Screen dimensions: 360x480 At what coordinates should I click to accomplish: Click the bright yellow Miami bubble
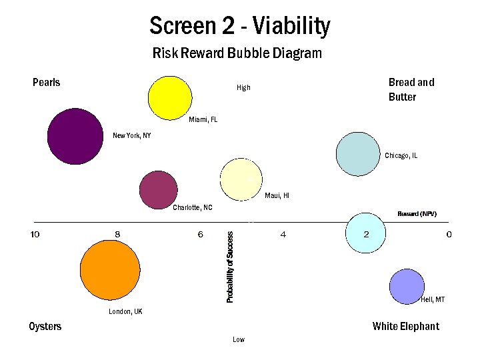(170, 97)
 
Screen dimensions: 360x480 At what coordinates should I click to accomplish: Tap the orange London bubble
(110, 270)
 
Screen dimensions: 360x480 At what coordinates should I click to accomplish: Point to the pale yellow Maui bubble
(242, 180)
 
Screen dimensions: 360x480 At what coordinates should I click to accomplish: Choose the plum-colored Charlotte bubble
(159, 189)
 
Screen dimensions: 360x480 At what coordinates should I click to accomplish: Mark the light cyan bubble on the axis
(366, 233)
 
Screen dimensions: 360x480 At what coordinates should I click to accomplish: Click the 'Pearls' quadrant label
(46, 83)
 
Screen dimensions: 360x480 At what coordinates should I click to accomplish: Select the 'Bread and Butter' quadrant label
(411, 89)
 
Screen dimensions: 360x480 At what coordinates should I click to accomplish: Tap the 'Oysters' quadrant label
(45, 326)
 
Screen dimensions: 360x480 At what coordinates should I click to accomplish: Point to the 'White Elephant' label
(405, 326)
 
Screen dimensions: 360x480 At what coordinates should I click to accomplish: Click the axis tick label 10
(35, 234)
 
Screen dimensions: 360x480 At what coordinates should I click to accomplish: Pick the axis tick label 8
(117, 234)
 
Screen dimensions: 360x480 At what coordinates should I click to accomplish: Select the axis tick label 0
(449, 234)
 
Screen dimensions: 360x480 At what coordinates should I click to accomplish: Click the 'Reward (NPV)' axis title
(417, 213)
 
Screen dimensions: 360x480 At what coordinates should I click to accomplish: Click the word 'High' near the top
(243, 87)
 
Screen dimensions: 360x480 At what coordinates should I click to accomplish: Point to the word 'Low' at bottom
(239, 339)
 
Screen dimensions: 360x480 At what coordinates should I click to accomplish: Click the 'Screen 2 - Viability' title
(239, 27)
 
